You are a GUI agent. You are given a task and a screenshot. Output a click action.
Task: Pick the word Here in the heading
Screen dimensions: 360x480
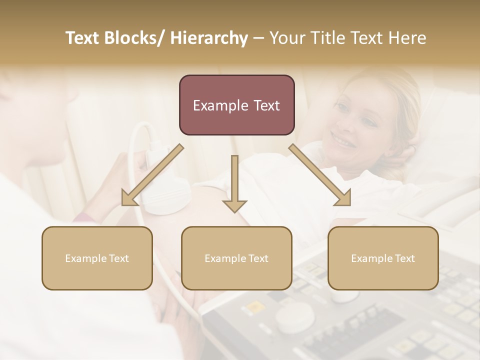(408, 38)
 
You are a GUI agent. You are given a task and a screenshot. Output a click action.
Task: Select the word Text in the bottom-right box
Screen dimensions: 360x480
(404, 258)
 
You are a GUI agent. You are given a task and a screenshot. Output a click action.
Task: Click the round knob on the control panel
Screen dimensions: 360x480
(295, 317)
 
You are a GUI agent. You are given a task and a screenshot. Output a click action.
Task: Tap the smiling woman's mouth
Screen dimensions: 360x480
(343, 140)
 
